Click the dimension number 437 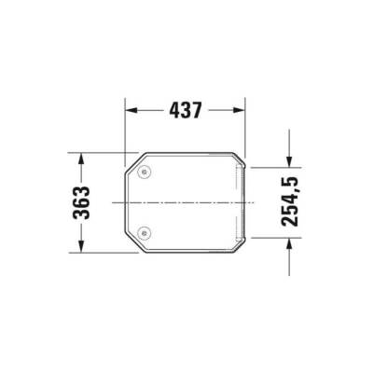(x=186, y=110)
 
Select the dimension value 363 (x=81, y=202)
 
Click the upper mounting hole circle (x=144, y=172)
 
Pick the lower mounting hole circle (x=144, y=232)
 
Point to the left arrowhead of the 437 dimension (x=131, y=110)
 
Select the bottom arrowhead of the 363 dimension (x=81, y=248)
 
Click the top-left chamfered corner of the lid (x=131, y=160)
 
